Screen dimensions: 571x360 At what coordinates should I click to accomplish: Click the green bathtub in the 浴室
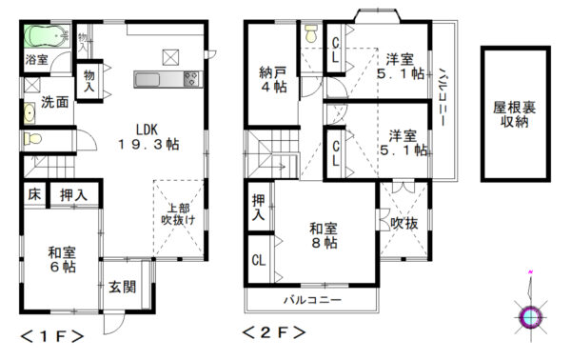[47, 35]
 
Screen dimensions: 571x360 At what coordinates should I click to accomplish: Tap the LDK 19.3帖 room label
[148, 137]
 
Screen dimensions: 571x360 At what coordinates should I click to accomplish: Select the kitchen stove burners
[192, 79]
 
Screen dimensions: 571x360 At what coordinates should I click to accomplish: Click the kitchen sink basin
[147, 79]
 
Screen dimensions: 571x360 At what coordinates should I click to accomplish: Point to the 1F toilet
[32, 138]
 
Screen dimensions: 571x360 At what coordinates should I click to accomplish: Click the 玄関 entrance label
[123, 287]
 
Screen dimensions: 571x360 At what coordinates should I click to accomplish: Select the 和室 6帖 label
[63, 259]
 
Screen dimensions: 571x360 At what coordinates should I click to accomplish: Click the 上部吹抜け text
[178, 214]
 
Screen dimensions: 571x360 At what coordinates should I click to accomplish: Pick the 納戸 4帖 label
[273, 79]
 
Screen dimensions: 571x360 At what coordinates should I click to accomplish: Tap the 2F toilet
[311, 33]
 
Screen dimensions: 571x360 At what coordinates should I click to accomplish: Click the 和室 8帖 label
[324, 236]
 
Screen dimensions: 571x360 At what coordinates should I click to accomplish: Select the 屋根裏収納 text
[514, 114]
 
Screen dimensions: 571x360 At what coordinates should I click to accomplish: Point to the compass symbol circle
[531, 317]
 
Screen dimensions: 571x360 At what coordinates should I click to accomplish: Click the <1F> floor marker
[52, 336]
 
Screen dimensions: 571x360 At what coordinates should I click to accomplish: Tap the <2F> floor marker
[274, 332]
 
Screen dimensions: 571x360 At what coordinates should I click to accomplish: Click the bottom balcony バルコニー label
[313, 300]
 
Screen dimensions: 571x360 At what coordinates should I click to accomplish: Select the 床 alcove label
[34, 194]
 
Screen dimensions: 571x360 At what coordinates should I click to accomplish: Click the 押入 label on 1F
[73, 195]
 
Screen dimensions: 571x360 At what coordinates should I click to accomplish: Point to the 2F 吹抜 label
[404, 224]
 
